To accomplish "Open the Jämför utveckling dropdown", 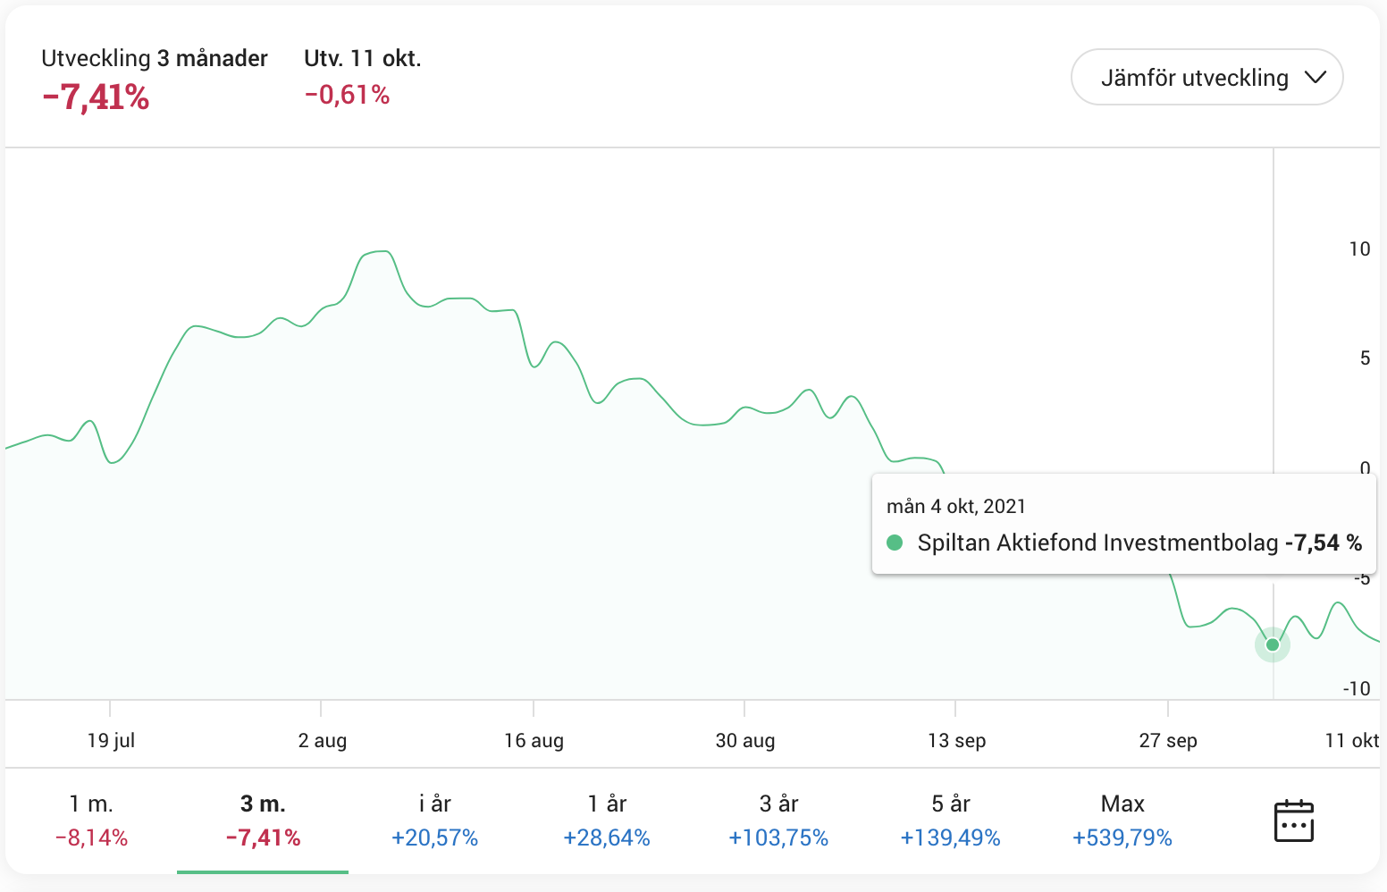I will [1206, 78].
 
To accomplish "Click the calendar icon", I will [1293, 820].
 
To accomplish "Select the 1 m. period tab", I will [91, 820].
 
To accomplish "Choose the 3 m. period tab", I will [263, 820].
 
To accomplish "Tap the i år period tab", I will [434, 820].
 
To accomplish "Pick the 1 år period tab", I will [607, 820].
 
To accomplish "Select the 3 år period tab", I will [778, 820].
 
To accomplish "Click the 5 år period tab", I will [950, 820].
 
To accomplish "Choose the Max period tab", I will [1122, 820].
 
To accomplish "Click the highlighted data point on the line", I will [1273, 644].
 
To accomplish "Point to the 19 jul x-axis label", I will [111, 741].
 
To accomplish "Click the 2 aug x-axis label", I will [322, 741].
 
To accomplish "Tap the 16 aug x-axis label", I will [534, 741].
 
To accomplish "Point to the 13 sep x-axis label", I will [956, 741].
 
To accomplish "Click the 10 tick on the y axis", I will [1359, 249].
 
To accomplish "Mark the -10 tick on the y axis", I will [1356, 689].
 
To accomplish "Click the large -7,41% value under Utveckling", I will [96, 97].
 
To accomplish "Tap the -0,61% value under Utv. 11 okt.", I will [347, 95].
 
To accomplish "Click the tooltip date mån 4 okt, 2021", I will [955, 507].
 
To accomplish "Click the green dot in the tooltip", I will [895, 543].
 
